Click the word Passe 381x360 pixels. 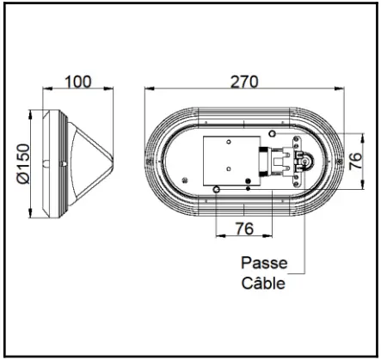tap(263, 264)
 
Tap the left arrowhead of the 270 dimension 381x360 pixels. tap(147, 88)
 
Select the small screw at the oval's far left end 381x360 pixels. tap(151, 162)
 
